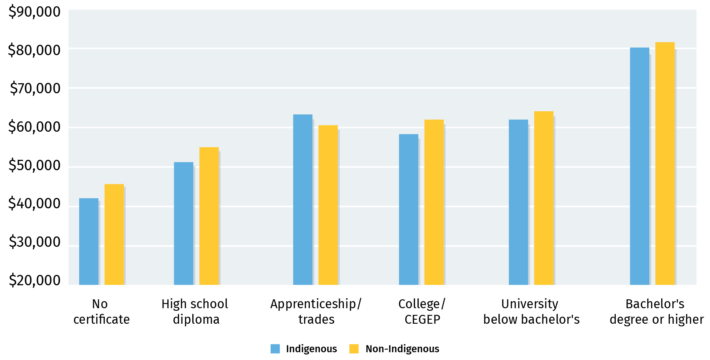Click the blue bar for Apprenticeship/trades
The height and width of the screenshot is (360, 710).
(302, 200)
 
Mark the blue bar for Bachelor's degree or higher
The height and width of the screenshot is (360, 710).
(639, 166)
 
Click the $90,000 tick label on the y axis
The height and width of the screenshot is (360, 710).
(34, 12)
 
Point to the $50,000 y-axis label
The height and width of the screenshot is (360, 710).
(34, 165)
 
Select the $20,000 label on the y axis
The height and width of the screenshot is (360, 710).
(34, 280)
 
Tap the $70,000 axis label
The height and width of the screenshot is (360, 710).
(34, 88)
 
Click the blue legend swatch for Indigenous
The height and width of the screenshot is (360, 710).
(275, 349)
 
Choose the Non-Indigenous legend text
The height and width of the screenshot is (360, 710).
(402, 349)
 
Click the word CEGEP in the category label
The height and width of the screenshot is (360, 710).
(422, 319)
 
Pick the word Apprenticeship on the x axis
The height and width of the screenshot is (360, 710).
(313, 304)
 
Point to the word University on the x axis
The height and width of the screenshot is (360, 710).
(530, 304)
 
